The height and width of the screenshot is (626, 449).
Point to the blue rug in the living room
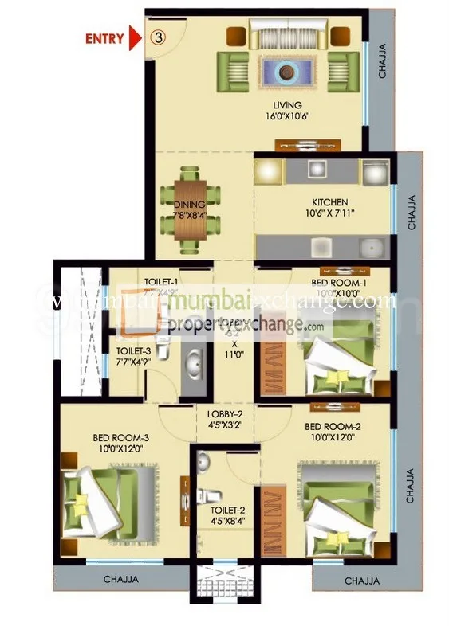tap(287, 73)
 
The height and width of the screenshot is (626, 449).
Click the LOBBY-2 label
tap(225, 414)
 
